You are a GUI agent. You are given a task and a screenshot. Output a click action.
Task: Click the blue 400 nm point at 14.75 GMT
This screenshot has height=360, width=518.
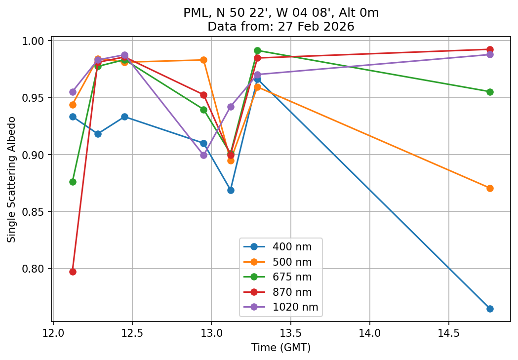[490, 309]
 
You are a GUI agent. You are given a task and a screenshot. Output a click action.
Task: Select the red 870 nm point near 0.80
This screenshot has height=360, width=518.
[73, 272]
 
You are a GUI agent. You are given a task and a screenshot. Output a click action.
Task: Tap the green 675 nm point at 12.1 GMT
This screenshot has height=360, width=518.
[73, 182]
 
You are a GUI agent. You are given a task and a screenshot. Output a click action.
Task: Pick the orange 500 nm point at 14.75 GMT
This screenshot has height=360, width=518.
[490, 188]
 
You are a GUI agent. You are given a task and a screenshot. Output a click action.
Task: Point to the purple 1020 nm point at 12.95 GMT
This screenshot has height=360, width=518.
[203, 155]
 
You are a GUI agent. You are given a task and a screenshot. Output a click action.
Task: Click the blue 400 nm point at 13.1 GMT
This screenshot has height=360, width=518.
[231, 190]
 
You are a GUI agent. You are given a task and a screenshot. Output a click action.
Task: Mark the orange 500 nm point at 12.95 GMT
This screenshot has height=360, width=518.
[203, 60]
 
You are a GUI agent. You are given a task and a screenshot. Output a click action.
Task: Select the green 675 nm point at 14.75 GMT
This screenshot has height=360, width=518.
[490, 92]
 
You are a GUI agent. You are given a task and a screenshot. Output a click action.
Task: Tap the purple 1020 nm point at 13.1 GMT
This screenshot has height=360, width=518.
[231, 107]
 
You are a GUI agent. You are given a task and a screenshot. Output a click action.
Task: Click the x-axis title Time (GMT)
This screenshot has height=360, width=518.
[281, 348]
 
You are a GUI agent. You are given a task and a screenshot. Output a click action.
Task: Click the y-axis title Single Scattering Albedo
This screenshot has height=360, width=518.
[11, 180]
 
